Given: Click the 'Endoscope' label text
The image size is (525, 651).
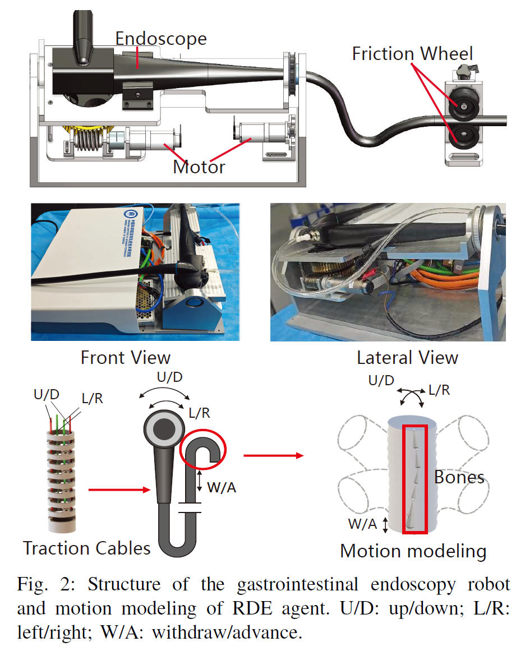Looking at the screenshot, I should coord(161,39).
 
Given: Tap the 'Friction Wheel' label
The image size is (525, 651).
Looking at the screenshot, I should coord(412,54).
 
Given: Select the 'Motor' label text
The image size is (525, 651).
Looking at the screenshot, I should coord(199,167).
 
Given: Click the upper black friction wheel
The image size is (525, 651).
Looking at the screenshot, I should coord(464,105).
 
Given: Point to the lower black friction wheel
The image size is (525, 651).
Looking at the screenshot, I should coord(464,136).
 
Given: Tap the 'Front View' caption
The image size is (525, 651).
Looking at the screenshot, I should coord(126,357).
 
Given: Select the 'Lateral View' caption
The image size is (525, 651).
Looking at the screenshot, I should coord(407,357).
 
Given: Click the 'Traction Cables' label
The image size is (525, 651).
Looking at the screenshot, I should coord(87,547).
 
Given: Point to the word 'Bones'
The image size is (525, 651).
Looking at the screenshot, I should coord(459,477).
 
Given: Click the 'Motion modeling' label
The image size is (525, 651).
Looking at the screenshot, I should coord(413,551).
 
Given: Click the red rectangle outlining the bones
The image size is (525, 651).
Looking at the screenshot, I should coord(415,426).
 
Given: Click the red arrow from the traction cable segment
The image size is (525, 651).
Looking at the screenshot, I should coord(117,491).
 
